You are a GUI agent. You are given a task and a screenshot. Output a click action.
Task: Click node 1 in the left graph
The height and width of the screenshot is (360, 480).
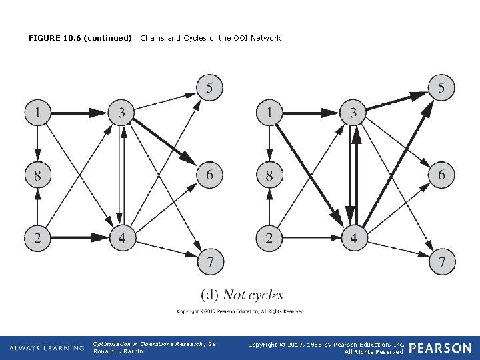point(38,113)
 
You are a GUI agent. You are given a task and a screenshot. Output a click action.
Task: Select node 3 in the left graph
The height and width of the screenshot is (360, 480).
point(121,113)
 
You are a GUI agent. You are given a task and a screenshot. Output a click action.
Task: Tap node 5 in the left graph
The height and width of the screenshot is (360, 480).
point(209,87)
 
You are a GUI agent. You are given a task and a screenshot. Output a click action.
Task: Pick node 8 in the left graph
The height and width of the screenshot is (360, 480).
point(38,175)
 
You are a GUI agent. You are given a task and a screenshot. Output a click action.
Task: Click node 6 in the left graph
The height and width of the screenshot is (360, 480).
point(209,175)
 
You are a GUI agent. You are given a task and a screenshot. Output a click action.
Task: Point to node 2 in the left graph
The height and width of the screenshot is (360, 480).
point(38,238)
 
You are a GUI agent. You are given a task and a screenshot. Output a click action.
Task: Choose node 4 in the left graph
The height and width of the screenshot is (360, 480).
point(121,238)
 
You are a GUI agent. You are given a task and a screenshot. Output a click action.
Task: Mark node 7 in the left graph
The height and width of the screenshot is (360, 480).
point(209,261)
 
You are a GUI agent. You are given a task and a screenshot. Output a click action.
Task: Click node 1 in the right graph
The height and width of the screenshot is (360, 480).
point(270,113)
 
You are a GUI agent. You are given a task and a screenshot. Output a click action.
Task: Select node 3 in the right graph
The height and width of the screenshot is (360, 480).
point(353,113)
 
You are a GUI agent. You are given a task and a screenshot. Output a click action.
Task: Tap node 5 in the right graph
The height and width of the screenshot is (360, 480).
point(441,87)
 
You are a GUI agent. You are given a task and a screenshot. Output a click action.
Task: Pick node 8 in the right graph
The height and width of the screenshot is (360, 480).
point(270,175)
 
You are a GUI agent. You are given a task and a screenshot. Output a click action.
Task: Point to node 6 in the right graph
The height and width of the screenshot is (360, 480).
point(441,175)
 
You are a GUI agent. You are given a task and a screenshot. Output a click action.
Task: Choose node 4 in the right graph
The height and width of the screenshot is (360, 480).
point(353,238)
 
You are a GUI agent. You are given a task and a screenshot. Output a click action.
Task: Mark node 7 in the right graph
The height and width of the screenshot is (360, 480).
point(441,261)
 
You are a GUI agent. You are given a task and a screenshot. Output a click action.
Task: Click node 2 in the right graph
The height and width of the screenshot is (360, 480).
point(270,238)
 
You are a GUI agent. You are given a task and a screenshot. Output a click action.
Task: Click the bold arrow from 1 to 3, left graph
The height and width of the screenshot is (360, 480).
point(79,113)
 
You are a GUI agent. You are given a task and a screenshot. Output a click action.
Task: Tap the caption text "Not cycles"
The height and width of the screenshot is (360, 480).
point(253,295)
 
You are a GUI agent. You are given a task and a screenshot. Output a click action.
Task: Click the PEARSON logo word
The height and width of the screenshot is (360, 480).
point(440,348)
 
